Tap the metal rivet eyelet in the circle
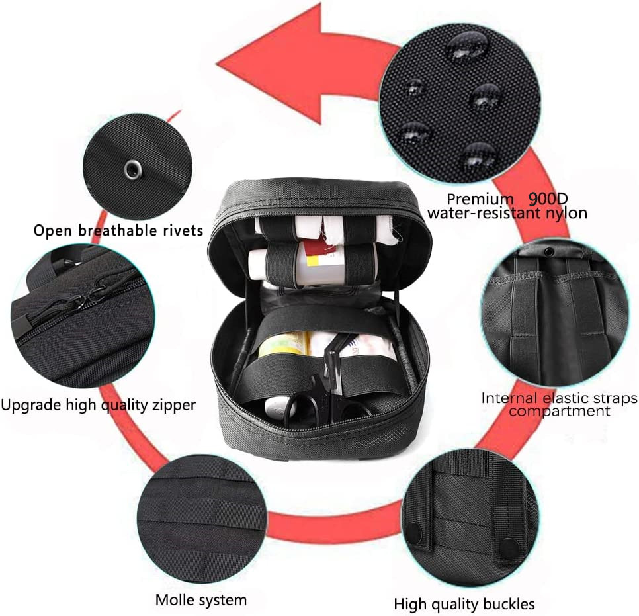tap(131, 169)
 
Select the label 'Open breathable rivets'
tap(118, 231)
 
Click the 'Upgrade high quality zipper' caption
tap(99, 404)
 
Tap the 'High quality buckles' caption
tap(464, 603)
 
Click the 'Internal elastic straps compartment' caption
tap(558, 404)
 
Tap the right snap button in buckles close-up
tap(508, 546)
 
